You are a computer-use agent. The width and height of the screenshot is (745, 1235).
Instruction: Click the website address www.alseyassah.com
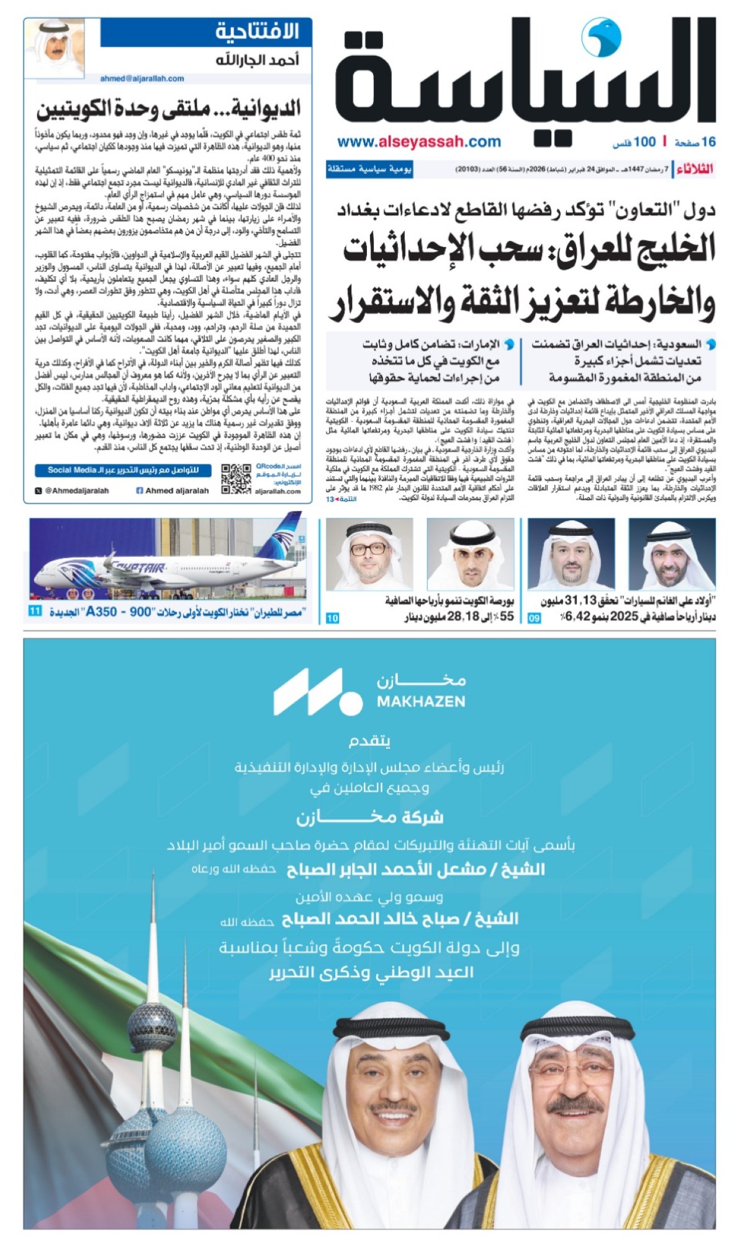pos(419,142)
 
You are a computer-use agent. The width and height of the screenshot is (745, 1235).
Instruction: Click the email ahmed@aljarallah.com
pos(142,79)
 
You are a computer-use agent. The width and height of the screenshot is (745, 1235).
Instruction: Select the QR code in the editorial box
pos(236,478)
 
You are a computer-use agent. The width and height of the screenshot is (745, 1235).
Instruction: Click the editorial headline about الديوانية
pos(168,110)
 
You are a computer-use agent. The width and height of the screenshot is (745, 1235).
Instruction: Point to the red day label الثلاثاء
pos(695,170)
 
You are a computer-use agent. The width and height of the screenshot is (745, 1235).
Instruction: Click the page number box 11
pos(35,612)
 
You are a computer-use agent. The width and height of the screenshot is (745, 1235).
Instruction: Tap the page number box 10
pos(333,618)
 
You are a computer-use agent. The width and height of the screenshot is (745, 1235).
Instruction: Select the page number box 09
pos(535,618)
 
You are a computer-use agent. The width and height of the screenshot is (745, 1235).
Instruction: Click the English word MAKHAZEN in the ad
pos(421,702)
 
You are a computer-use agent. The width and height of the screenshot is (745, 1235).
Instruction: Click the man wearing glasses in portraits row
pos(369,554)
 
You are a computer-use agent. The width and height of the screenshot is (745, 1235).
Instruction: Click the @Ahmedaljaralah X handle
pos(72,491)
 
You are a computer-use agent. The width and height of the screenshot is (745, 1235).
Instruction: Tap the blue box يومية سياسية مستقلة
pos(369,170)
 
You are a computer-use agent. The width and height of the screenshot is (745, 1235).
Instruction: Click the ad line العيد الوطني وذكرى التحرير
pos(371,972)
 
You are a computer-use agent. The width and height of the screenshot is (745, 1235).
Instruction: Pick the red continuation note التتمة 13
pos(342,499)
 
